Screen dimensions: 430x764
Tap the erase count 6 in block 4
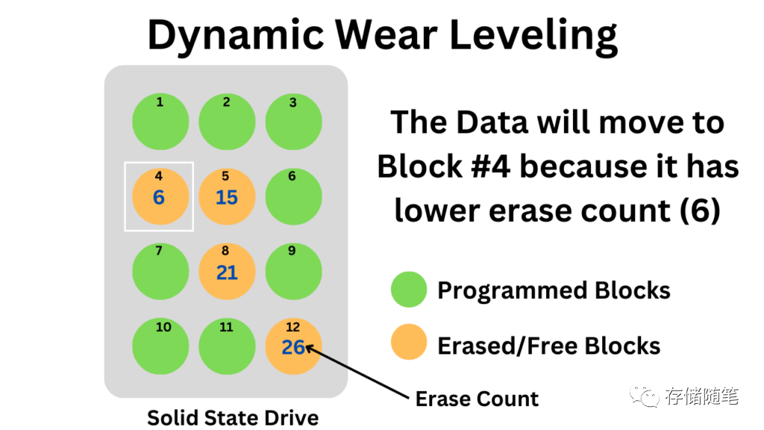pos(158,198)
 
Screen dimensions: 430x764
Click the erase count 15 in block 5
pos(226,198)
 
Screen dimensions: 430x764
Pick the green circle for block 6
pos(293,197)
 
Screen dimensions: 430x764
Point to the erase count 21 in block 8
pos(227,273)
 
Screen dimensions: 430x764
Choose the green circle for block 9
pos(293,272)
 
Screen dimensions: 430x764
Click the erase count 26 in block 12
pos(293,347)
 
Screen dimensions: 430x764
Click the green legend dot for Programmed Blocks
pos(409,290)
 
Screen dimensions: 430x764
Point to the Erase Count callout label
pos(477,399)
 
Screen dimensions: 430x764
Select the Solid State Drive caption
pos(233,417)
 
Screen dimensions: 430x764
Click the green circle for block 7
pos(160,272)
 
